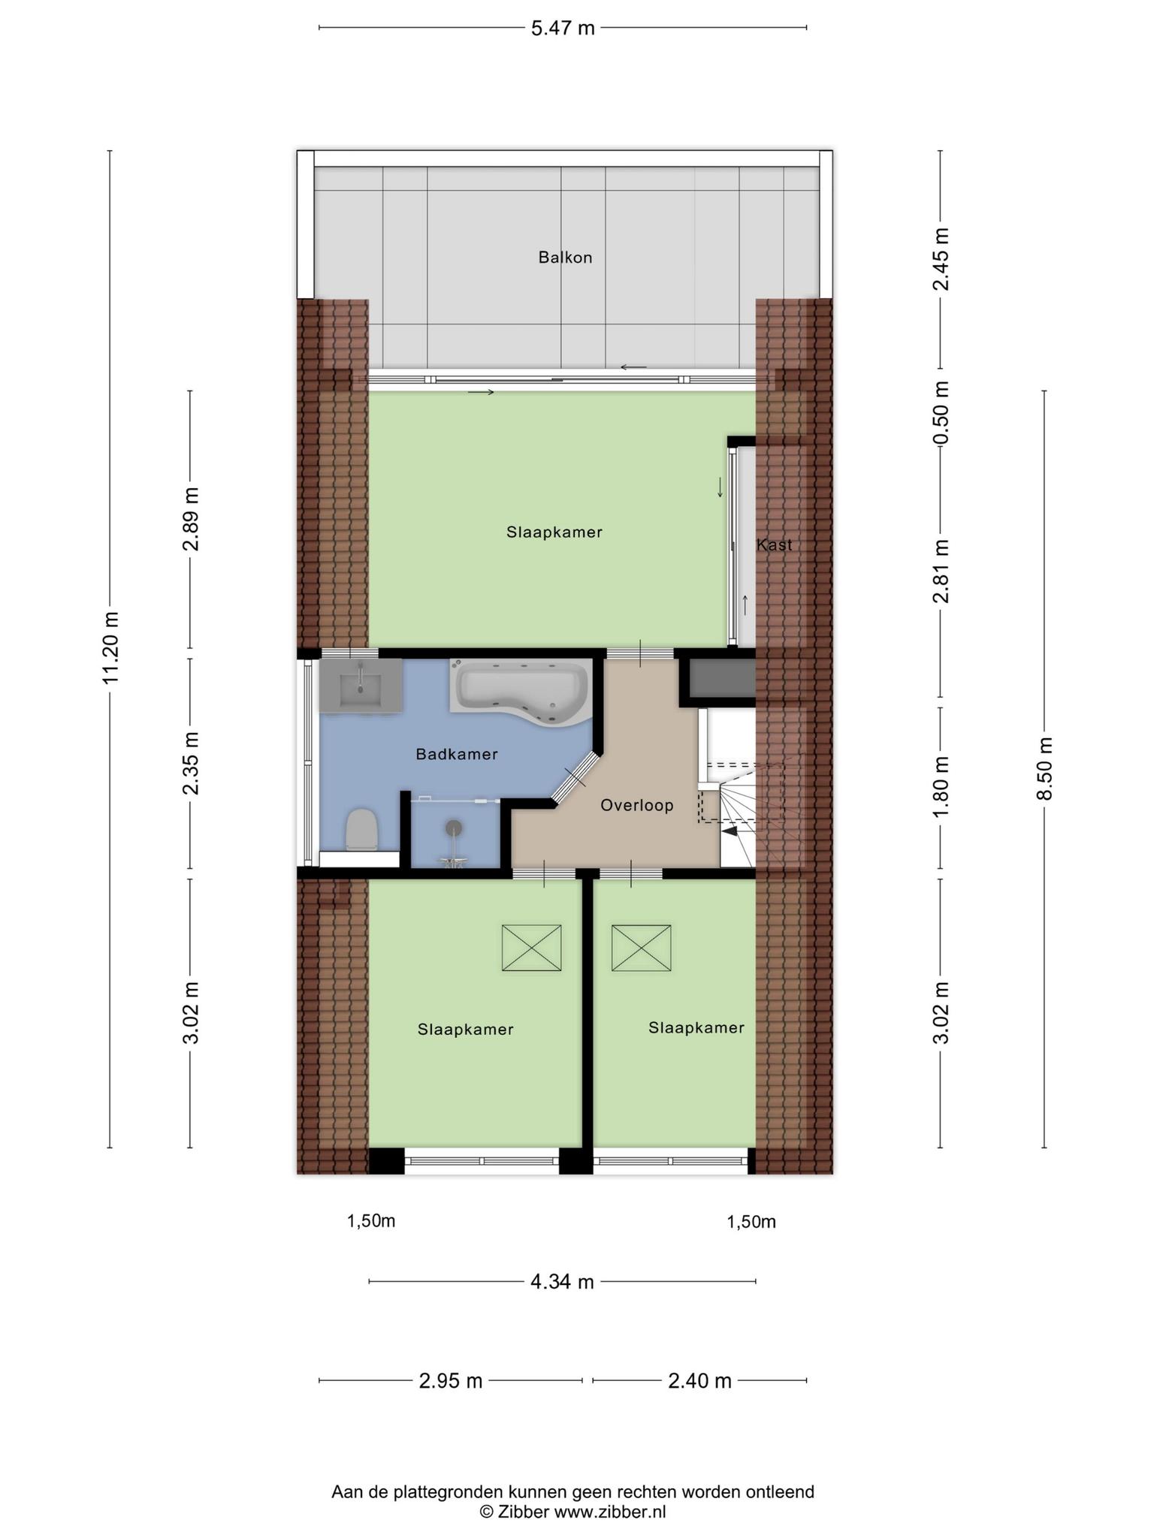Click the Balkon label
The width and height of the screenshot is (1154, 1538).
565,258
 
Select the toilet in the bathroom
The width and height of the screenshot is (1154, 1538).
361,830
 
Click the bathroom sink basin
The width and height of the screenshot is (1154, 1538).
361,686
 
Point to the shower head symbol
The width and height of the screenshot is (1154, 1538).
454,828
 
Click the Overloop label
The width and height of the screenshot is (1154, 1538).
637,806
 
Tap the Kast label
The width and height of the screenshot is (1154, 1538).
774,544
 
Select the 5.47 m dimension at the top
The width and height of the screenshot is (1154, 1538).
563,29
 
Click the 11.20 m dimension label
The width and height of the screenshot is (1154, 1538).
111,648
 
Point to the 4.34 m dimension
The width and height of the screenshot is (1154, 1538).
562,1282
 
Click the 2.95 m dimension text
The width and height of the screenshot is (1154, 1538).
451,1381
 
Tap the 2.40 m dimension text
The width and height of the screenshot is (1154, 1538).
699,1381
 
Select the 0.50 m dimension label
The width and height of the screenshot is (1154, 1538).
941,412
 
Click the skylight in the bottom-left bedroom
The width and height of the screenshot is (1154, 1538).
532,948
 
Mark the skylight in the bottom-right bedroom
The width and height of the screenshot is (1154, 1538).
641,948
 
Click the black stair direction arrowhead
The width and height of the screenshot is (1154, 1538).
729,830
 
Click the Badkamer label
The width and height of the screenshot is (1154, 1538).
457,754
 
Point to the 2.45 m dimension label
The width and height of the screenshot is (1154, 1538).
941,259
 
